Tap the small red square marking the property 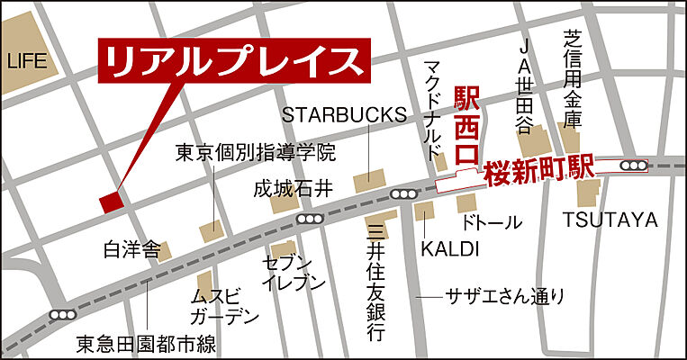110,202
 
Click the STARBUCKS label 344,115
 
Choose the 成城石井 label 294,189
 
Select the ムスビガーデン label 223,306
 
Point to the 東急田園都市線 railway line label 146,343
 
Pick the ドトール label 491,221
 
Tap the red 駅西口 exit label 466,124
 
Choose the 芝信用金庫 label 573,77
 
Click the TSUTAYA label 610,220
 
